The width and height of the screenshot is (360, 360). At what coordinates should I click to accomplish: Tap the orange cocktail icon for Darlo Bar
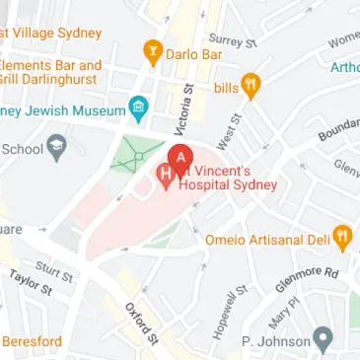pyautogui.click(x=153, y=51)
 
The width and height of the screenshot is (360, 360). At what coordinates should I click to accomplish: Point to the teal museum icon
pyautogui.click(x=139, y=108)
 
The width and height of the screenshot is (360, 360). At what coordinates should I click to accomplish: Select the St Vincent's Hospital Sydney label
pyautogui.click(x=227, y=177)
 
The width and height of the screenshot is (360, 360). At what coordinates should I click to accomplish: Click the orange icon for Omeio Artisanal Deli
pyautogui.click(x=342, y=237)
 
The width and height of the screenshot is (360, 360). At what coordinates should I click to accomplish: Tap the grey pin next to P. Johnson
pyautogui.click(x=322, y=341)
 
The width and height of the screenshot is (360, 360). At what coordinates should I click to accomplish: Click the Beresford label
pyautogui.click(x=32, y=342)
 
